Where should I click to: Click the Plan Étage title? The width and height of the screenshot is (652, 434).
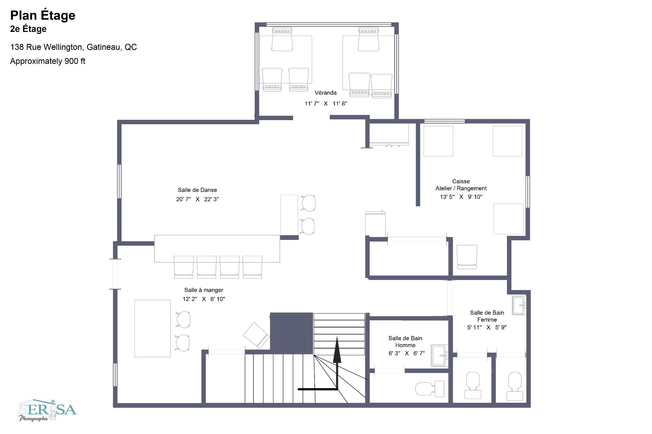coord(43,15)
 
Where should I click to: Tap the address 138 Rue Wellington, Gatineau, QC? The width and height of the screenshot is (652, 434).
coord(73,47)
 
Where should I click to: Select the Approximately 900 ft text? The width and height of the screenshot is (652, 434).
coord(48,61)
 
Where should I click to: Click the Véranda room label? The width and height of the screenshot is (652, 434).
coord(325,93)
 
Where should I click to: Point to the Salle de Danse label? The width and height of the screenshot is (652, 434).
coord(197,190)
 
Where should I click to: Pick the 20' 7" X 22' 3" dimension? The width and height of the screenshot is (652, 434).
coord(197,199)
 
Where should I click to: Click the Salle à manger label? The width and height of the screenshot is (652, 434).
coord(203,290)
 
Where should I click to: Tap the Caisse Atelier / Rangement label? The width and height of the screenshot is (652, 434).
coord(461,185)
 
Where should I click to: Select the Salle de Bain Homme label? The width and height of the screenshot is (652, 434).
coord(405,342)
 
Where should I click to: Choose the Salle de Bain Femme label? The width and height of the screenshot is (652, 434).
coord(487,316)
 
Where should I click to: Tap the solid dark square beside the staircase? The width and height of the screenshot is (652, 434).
coord(291,333)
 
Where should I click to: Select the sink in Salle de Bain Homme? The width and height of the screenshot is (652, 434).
coord(439,355)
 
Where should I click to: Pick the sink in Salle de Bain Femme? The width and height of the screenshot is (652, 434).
coord(519,305)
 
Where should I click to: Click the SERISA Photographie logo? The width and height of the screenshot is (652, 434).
coord(48,411)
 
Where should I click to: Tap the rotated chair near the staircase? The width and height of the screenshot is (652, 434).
coord(256,335)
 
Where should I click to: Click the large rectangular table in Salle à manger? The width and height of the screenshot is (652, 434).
coord(152,328)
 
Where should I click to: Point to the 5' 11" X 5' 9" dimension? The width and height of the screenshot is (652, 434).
coord(487,327)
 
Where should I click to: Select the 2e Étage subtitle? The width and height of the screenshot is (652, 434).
coord(28,29)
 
